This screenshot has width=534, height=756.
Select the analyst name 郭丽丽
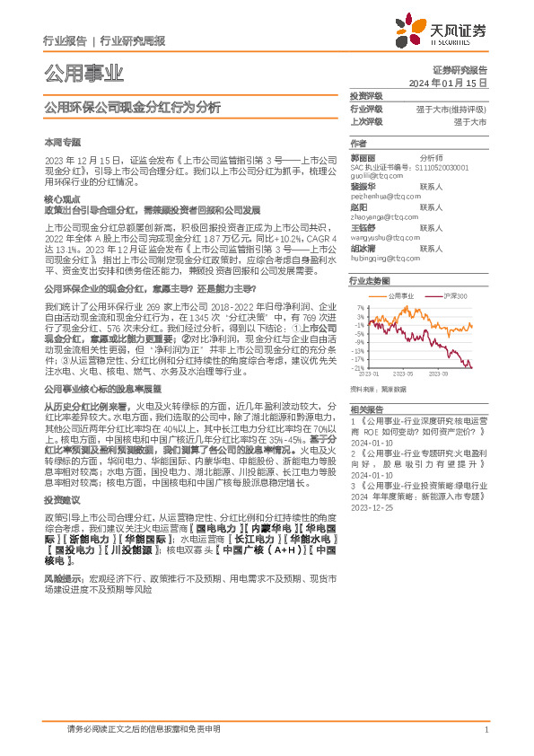pyautogui.click(x=363, y=157)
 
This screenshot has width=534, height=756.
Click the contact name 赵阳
pyautogui.click(x=359, y=207)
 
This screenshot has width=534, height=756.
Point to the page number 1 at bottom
pyautogui.click(x=486, y=730)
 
